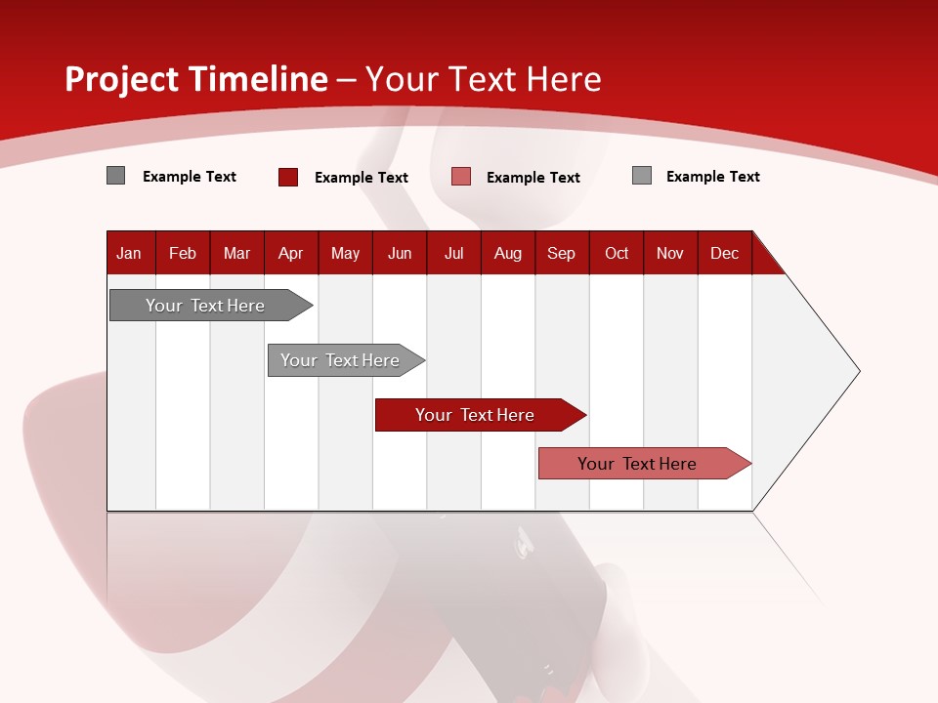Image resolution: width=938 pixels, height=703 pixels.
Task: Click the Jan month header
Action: tap(129, 253)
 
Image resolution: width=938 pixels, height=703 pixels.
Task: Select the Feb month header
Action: tap(183, 253)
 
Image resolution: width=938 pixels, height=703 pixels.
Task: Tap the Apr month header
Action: tap(290, 253)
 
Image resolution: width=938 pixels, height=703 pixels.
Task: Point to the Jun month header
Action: tap(400, 253)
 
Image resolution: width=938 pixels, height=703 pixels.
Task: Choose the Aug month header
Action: tap(507, 253)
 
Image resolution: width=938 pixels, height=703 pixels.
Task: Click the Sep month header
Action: tap(561, 253)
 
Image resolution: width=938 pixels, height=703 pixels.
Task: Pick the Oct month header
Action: tap(617, 253)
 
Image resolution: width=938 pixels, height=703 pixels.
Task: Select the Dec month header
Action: tap(724, 253)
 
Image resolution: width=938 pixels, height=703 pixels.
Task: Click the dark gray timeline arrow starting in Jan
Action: tap(205, 306)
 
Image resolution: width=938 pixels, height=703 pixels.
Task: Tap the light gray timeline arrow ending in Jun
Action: tap(340, 360)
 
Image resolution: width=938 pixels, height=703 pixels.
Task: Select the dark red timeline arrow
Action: tap(475, 415)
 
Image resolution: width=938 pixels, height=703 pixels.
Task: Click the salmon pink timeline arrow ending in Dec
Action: tap(637, 464)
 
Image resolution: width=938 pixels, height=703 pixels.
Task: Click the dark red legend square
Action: tap(287, 177)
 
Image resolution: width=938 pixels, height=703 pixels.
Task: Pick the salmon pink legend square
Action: tap(461, 177)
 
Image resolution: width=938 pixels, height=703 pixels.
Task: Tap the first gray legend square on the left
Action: tap(115, 176)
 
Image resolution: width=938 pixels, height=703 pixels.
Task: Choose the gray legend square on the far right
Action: tap(642, 176)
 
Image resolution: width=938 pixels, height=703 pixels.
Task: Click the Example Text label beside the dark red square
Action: tap(362, 178)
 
